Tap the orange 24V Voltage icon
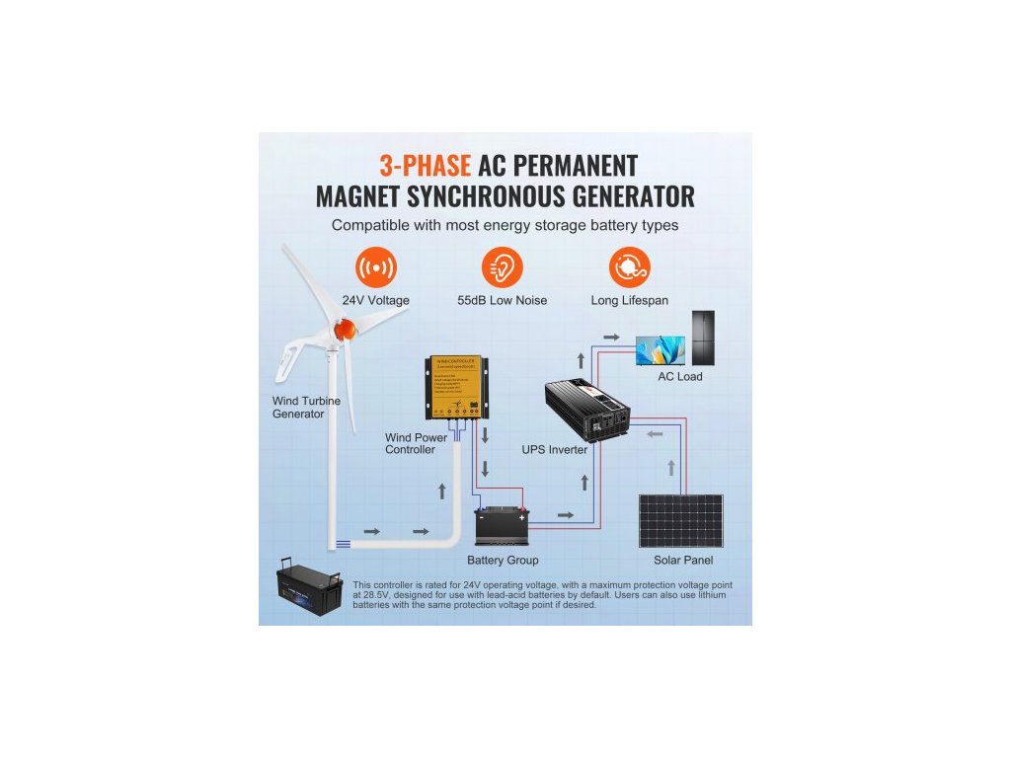pos(375,267)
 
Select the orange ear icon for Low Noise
pos(502,267)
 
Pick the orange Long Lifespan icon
pos(630,267)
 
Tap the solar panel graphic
pos(681,521)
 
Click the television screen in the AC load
pos(660,349)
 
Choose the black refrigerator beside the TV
pos(703,338)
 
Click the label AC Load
pos(680,377)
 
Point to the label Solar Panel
pos(683,561)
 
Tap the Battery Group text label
pos(503,561)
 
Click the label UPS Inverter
pos(555,450)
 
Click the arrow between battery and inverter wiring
pos(565,515)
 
